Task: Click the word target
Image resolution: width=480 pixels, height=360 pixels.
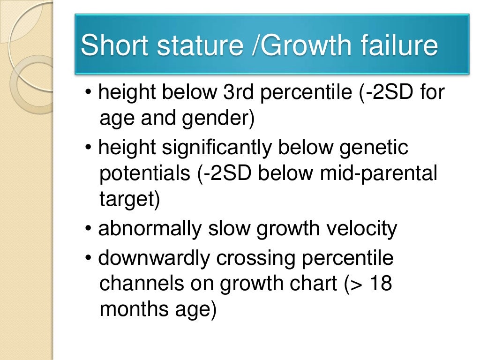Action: (130, 200)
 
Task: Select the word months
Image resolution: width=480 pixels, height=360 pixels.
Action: (127, 310)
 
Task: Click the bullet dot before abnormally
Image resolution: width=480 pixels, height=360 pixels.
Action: (89, 230)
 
